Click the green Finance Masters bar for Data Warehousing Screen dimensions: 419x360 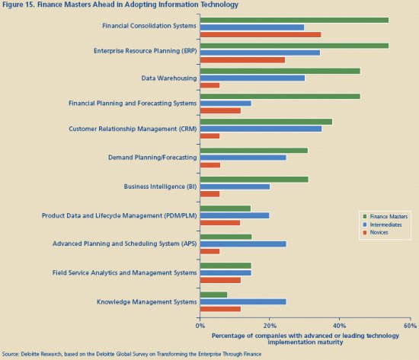coord(280,71)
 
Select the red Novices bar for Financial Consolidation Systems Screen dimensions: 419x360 coord(261,35)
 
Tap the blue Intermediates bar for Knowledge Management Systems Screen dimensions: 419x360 coord(243,302)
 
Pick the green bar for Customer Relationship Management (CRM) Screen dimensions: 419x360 coord(266,122)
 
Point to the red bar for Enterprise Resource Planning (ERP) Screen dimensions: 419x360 coord(242,60)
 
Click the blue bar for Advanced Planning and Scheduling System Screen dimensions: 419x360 coord(243,244)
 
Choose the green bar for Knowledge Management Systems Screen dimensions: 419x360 coord(213,295)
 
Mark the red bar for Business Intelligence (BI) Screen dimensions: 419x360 coord(209,194)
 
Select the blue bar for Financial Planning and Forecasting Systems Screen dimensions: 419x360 coord(225,104)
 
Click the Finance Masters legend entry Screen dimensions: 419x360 coord(385,216)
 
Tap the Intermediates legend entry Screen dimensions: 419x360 coord(382,225)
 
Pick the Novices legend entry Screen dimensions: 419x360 coord(376,232)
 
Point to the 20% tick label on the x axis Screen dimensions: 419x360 coord(270,326)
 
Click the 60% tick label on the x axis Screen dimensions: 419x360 coord(410,326)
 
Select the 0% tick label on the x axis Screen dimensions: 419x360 coord(200,326)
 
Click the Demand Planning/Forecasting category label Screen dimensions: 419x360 coord(152,158)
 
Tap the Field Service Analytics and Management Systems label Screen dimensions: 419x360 coord(124,272)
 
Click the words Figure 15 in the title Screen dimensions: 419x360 coord(18,5)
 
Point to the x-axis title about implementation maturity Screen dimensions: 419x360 coord(305,339)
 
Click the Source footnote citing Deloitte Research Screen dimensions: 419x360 coord(132,354)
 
